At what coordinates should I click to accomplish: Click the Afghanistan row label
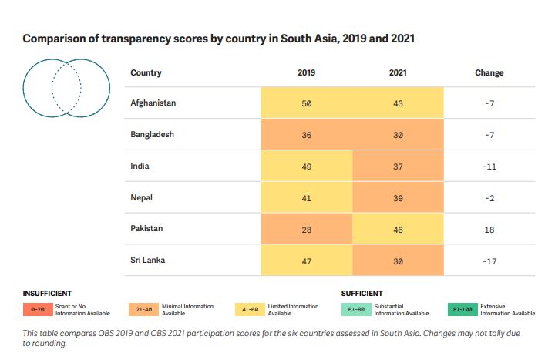(153, 103)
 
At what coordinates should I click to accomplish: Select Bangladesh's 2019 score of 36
(306, 134)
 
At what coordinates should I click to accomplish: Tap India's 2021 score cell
(398, 166)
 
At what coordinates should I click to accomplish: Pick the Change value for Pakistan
(489, 229)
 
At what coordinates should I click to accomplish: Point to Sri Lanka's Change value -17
(489, 261)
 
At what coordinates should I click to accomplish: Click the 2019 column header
(306, 72)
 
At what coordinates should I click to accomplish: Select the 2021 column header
(398, 72)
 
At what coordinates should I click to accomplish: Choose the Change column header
(489, 72)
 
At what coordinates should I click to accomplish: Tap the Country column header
(146, 72)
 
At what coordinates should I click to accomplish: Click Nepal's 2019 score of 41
(306, 197)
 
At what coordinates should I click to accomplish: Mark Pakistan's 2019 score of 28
(306, 229)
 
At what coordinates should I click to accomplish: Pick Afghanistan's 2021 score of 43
(398, 103)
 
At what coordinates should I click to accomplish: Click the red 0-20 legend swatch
(37, 309)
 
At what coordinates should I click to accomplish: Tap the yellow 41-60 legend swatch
(250, 309)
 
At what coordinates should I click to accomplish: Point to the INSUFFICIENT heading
(48, 294)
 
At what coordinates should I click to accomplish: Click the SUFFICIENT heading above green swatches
(362, 294)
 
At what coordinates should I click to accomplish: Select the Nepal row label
(142, 197)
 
